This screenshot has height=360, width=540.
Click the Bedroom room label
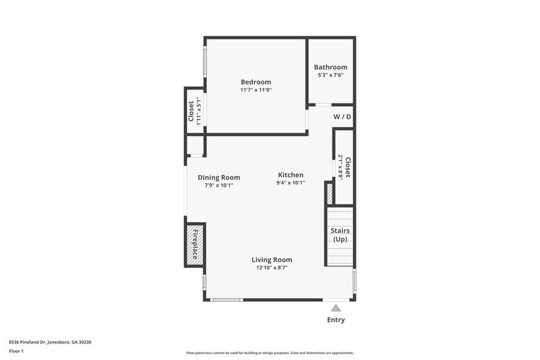pyautogui.click(x=255, y=82)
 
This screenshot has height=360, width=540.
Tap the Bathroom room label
pyautogui.click(x=331, y=67)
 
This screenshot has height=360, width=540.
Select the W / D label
pyautogui.click(x=342, y=117)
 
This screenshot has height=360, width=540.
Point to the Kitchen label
pyautogui.click(x=290, y=175)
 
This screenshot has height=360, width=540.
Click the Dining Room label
pyautogui.click(x=219, y=178)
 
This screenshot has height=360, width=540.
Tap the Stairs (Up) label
pyautogui.click(x=340, y=234)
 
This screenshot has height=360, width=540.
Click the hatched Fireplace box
pyautogui.click(x=195, y=245)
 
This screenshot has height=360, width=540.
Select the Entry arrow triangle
pyautogui.click(x=336, y=308)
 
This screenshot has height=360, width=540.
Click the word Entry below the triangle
pyautogui.click(x=336, y=320)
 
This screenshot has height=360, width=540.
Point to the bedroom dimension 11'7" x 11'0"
pyautogui.click(x=255, y=90)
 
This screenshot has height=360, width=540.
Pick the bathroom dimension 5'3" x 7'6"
pyautogui.click(x=331, y=75)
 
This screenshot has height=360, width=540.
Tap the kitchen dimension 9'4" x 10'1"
pyautogui.click(x=290, y=182)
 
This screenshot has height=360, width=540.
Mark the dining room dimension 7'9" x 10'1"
pyautogui.click(x=219, y=185)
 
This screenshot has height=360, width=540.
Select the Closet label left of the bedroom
pyautogui.click(x=191, y=111)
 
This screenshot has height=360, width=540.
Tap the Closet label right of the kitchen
pyautogui.click(x=347, y=167)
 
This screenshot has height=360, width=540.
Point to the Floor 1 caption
pyautogui.click(x=17, y=351)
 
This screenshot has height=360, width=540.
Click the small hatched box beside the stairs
pyautogui.click(x=329, y=193)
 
